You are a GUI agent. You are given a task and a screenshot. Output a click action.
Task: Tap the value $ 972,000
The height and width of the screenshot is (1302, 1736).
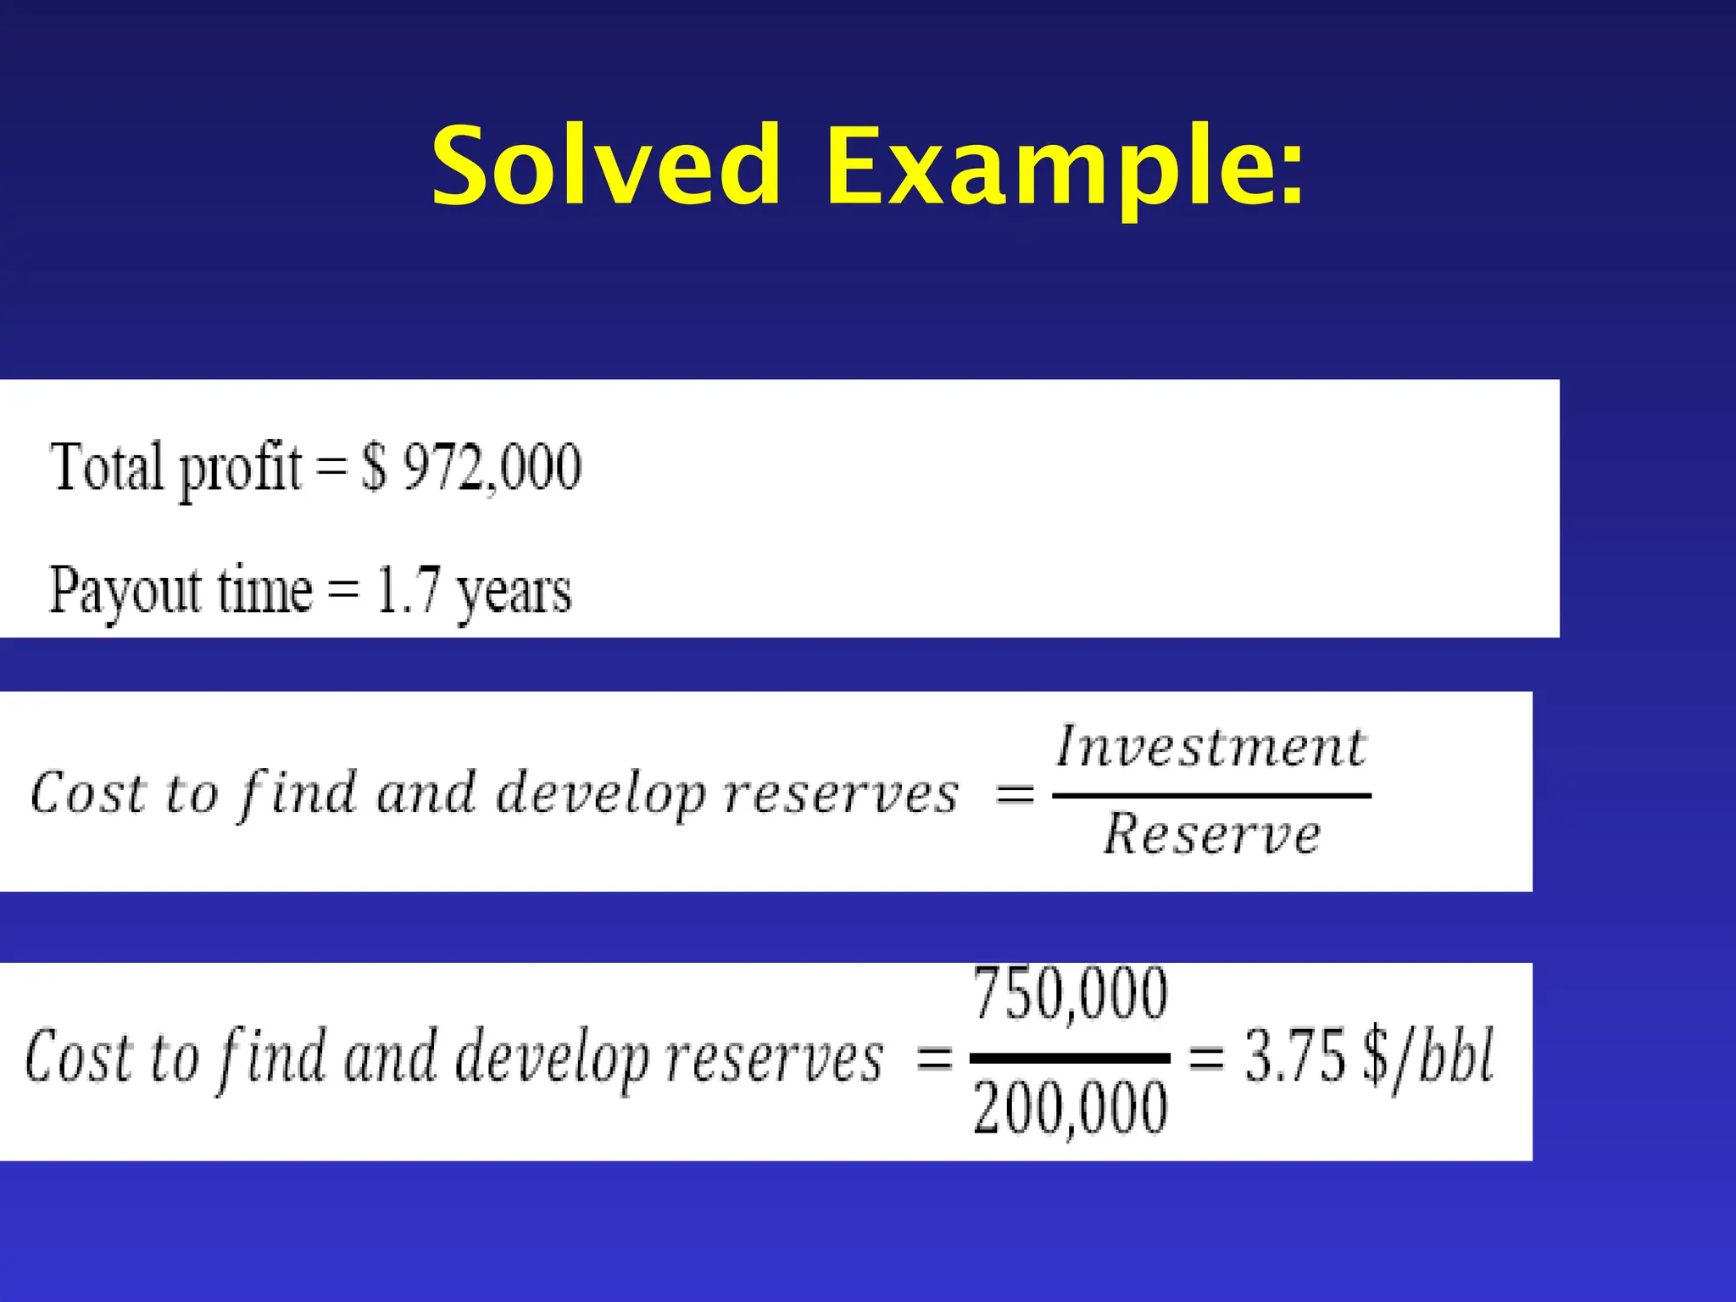(x=471, y=466)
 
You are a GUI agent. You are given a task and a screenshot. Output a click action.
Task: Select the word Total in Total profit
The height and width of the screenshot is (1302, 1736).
(x=107, y=466)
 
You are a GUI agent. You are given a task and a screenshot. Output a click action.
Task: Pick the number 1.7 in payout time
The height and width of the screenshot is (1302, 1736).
(x=409, y=589)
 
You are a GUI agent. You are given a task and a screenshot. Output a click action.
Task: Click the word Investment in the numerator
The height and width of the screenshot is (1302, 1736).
(x=1210, y=748)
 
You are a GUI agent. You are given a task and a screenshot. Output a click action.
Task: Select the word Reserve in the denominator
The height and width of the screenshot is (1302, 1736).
(x=1211, y=834)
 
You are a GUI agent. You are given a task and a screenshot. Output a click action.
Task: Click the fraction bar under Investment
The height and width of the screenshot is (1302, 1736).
(x=1211, y=795)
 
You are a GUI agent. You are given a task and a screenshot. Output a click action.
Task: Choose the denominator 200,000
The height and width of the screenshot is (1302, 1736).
(x=1070, y=1109)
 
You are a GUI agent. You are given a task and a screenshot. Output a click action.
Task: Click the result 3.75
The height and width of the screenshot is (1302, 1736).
(x=1294, y=1056)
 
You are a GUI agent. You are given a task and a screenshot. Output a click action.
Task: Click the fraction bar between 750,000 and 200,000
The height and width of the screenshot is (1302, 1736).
(x=1070, y=1058)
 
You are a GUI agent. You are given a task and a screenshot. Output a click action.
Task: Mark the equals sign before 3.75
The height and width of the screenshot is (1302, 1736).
(x=1207, y=1058)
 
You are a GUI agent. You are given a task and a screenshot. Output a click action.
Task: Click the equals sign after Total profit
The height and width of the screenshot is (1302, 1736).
(x=331, y=468)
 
